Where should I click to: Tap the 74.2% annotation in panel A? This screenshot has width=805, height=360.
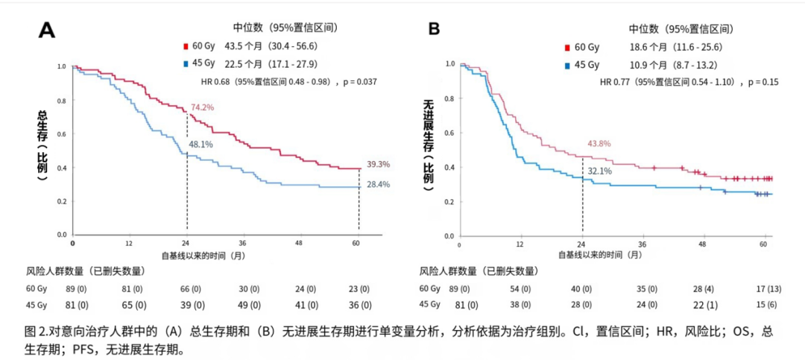202,107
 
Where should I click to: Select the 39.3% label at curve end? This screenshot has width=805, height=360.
378,164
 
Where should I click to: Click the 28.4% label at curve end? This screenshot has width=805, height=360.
378,185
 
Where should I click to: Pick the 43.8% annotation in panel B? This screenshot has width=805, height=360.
600,144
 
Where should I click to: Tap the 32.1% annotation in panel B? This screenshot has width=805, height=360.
600,171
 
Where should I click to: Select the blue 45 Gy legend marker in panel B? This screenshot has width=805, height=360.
568,65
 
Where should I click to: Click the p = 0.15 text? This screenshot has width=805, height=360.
760,81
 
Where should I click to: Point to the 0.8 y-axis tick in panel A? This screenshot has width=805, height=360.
62,101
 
